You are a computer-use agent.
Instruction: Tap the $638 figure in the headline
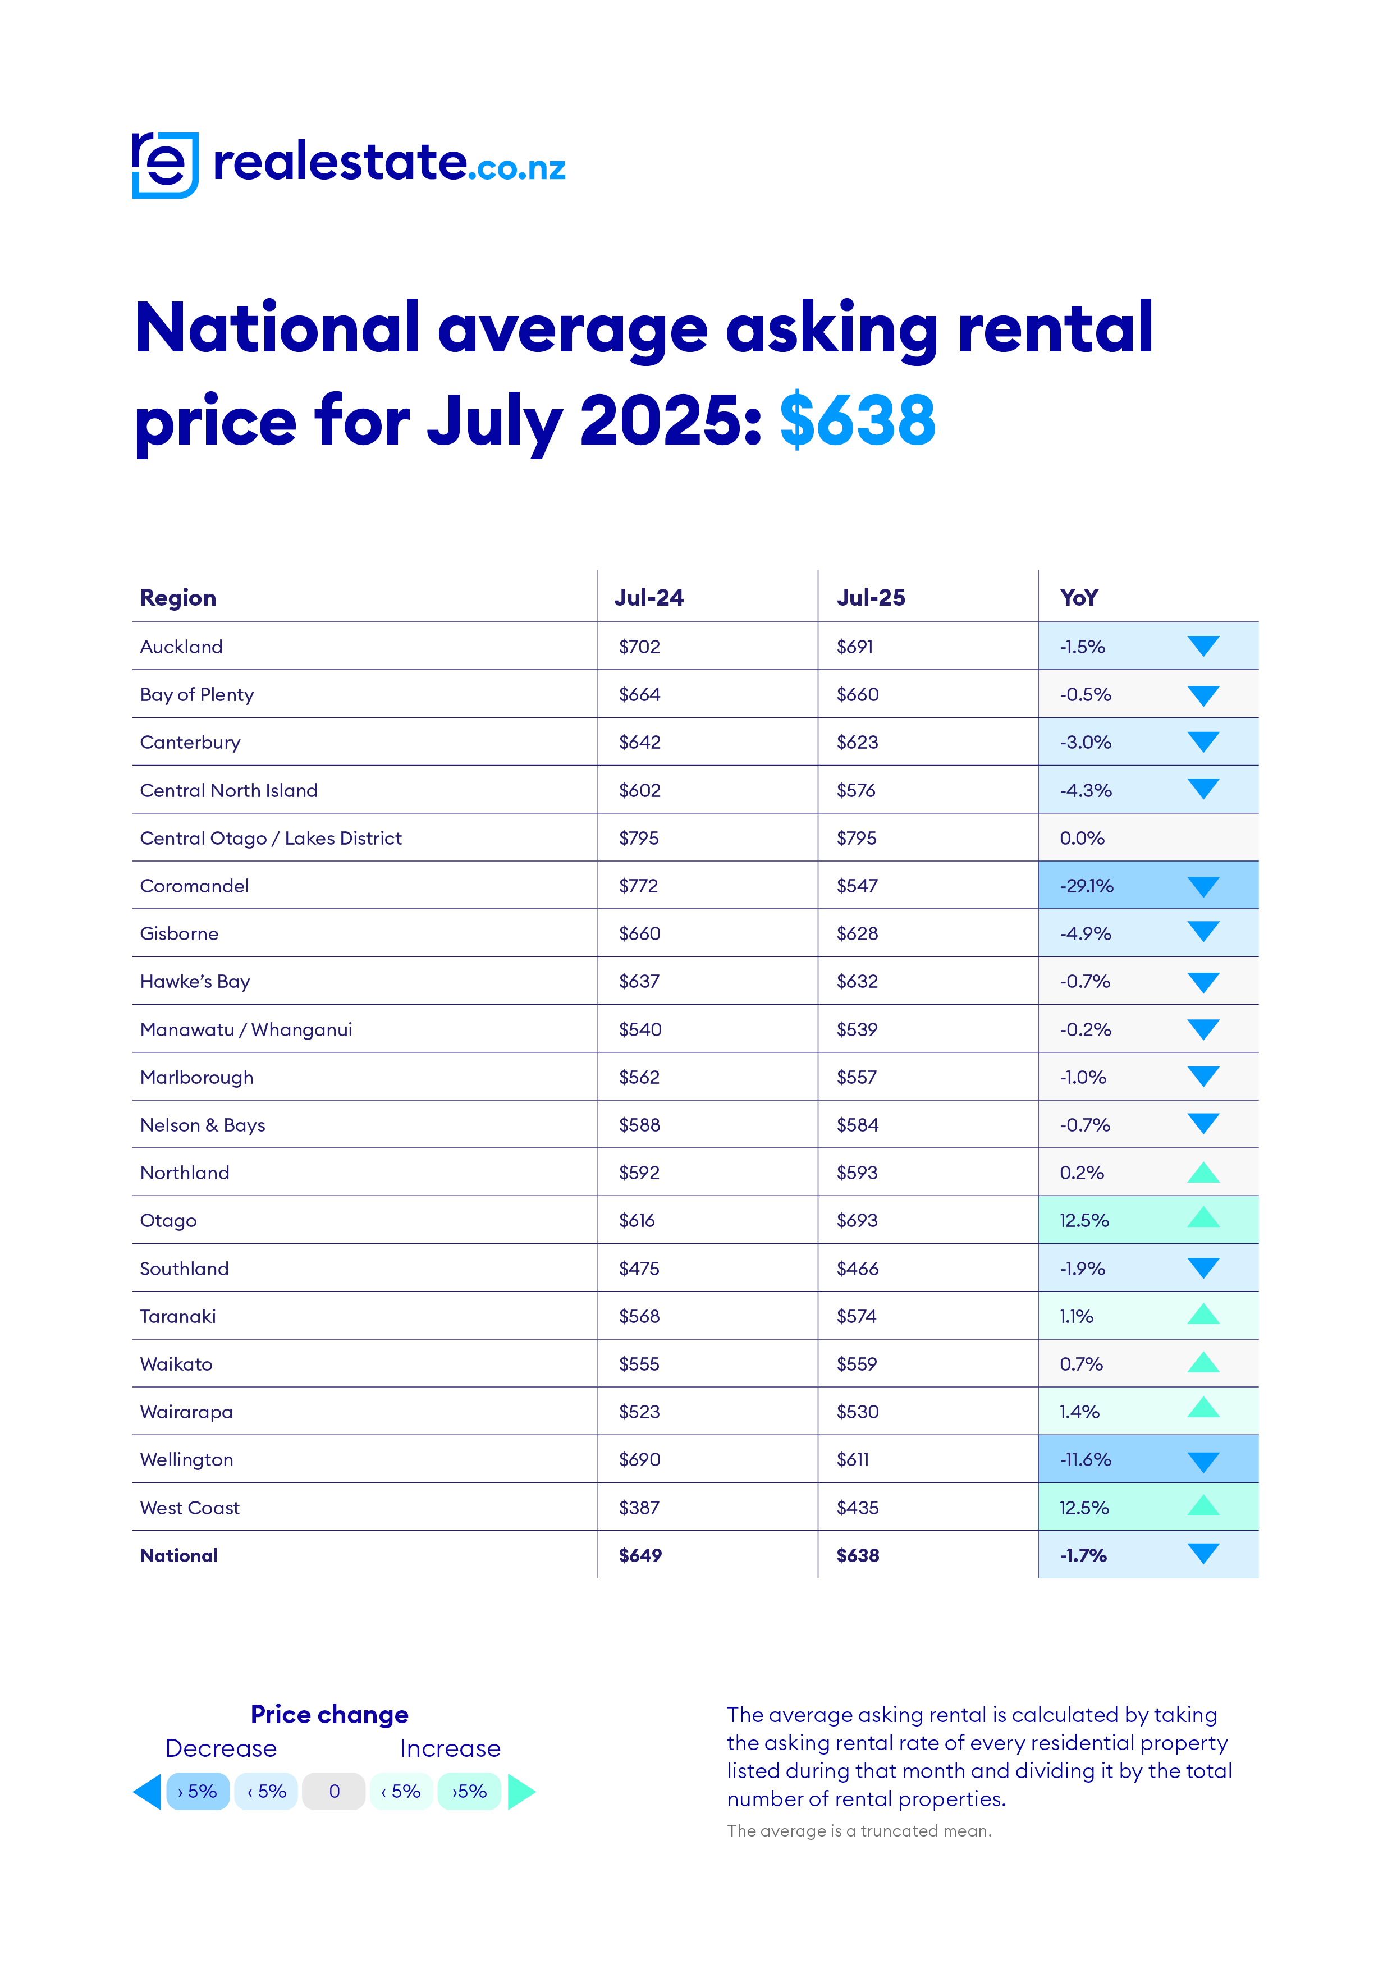(x=857, y=420)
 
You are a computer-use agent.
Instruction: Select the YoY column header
(x=1078, y=598)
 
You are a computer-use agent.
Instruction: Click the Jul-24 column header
(x=648, y=598)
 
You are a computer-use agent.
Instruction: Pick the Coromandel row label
(x=195, y=886)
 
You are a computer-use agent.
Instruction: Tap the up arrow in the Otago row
(x=1203, y=1218)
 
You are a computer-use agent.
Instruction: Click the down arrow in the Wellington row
(x=1203, y=1461)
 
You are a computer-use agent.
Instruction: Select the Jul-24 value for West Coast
(x=639, y=1508)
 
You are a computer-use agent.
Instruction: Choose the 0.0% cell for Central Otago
(x=1082, y=838)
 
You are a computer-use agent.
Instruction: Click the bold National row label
(x=178, y=1556)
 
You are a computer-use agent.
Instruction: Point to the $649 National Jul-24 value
(x=640, y=1556)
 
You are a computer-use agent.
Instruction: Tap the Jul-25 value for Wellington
(x=853, y=1459)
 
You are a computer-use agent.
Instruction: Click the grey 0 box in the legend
(x=335, y=1792)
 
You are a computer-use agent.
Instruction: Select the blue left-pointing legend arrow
(x=148, y=1792)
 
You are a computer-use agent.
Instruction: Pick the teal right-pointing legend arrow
(x=521, y=1792)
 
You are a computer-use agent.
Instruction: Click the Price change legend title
(x=329, y=1714)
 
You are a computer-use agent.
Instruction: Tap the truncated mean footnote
(x=859, y=1831)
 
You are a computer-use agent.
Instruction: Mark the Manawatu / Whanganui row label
(x=246, y=1029)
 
